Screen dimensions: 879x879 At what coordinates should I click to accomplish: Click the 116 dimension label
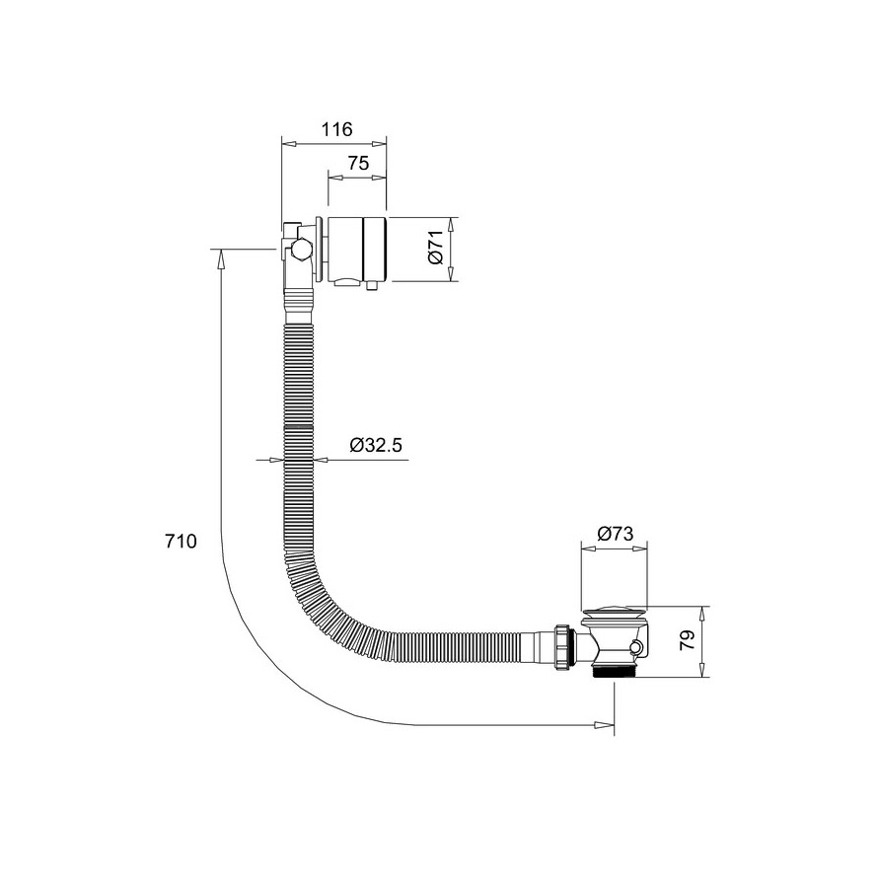click(337, 129)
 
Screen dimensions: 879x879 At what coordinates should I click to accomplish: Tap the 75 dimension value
click(358, 163)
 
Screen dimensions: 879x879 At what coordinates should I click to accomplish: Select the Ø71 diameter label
click(436, 248)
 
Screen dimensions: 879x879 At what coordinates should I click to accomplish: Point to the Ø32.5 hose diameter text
click(376, 445)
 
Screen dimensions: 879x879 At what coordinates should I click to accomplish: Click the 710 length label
click(181, 541)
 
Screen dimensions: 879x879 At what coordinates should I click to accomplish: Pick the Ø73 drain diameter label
click(615, 533)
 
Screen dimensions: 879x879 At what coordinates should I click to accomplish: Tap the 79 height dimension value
click(688, 640)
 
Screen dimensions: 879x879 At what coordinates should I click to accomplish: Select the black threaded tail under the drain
click(614, 671)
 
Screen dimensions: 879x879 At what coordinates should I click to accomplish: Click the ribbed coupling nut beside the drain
click(563, 646)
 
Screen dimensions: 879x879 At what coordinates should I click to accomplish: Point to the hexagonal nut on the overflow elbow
click(300, 249)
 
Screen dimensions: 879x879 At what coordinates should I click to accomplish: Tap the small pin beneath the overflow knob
click(371, 285)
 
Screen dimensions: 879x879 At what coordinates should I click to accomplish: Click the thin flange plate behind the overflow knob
click(318, 249)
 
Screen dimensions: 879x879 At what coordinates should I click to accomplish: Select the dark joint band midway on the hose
click(298, 427)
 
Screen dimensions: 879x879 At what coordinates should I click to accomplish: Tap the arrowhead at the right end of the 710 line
click(605, 725)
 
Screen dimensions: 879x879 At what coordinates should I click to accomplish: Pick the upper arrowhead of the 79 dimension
click(701, 616)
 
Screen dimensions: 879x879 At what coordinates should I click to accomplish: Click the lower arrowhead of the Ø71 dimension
click(451, 271)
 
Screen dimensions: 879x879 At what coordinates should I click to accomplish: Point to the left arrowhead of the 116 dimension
click(290, 144)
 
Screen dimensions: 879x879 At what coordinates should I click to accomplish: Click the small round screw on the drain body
click(634, 648)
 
